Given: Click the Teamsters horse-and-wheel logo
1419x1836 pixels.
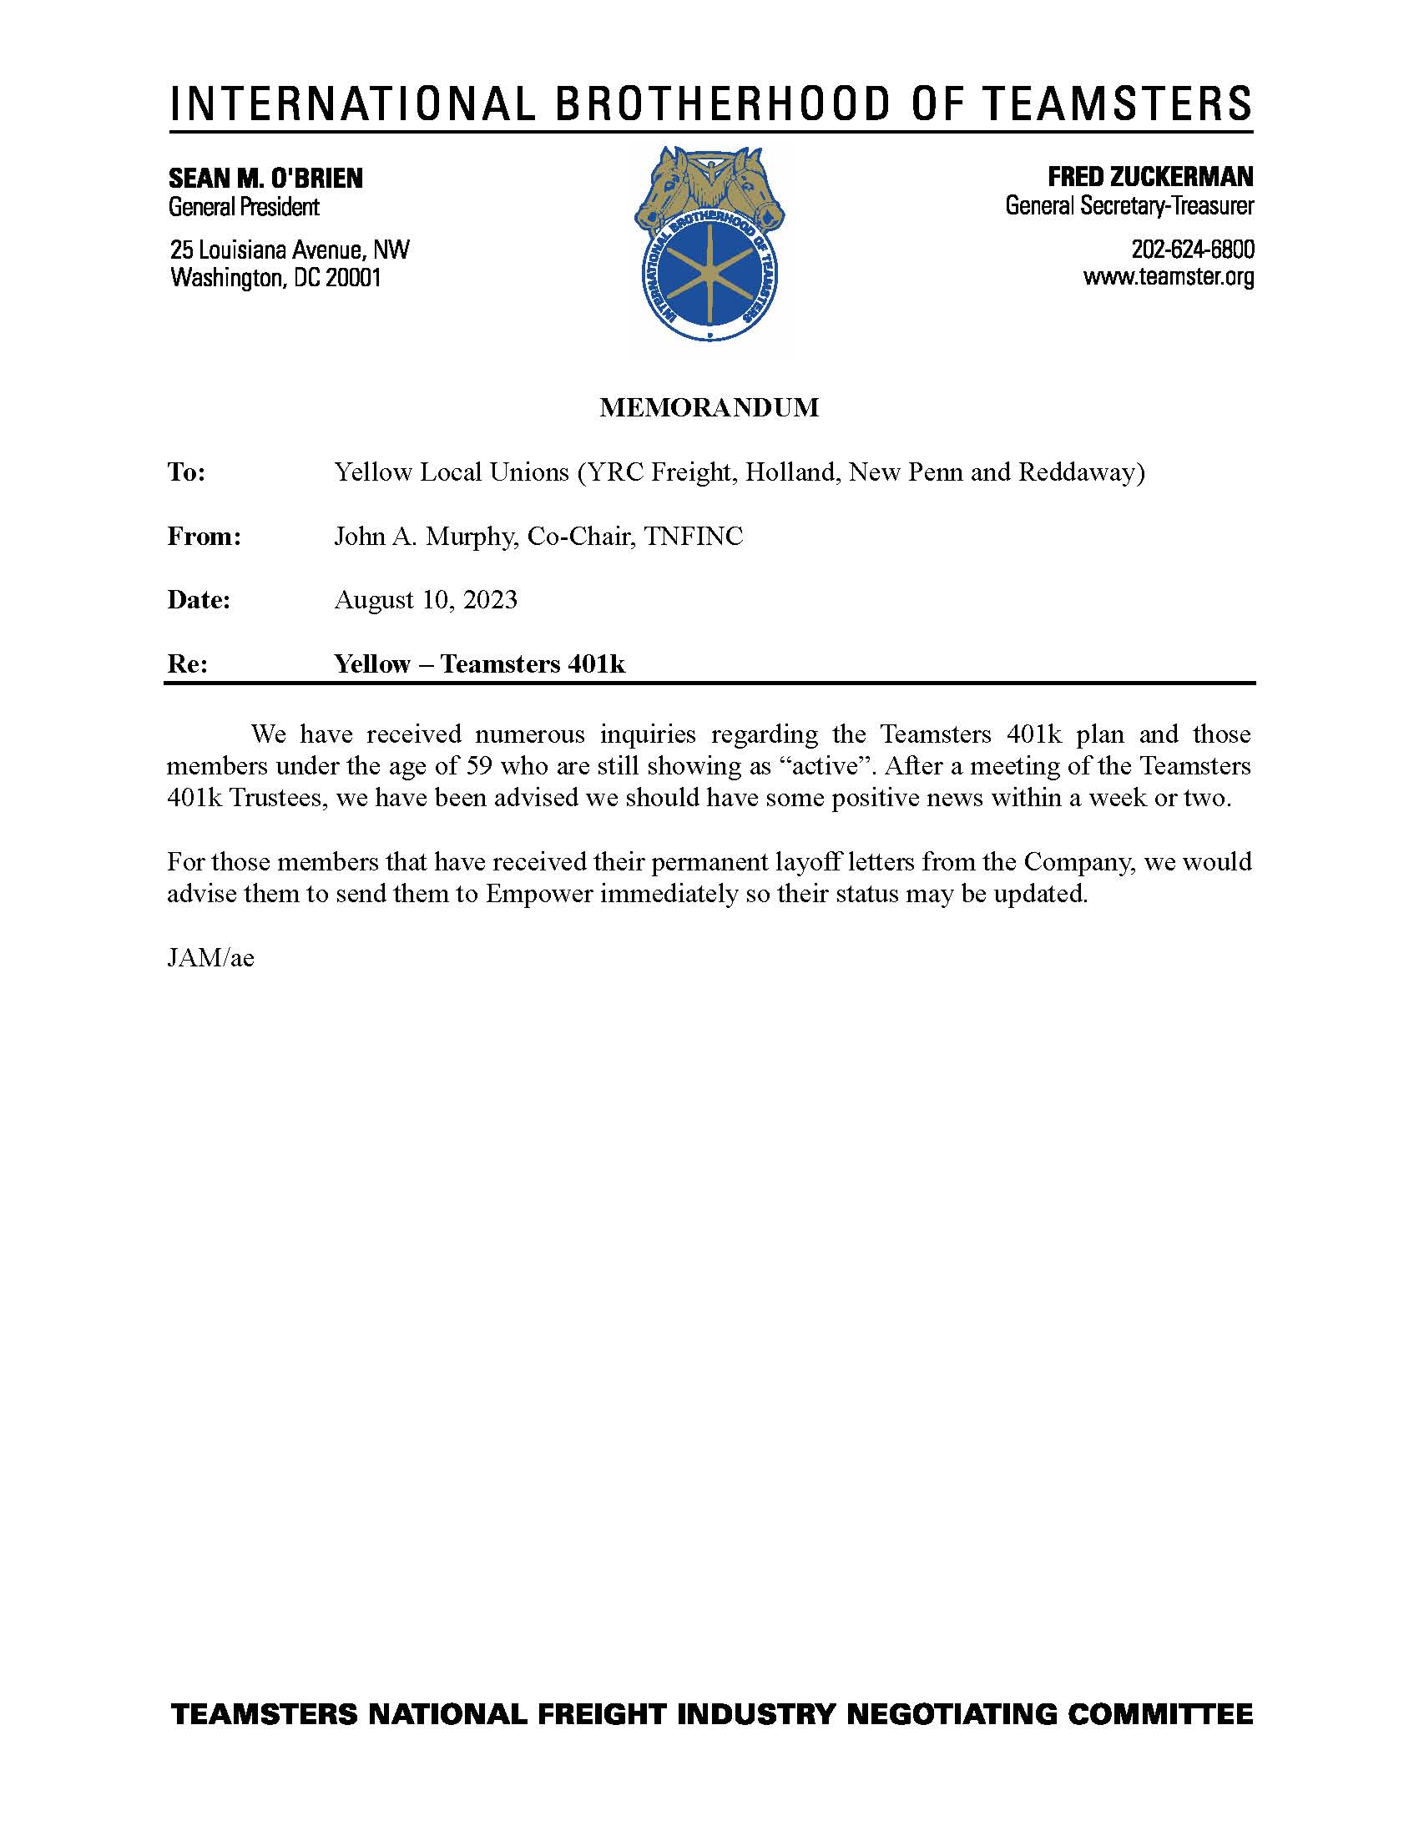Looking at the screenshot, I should point(709,244).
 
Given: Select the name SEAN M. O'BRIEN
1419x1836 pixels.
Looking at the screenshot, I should point(265,179).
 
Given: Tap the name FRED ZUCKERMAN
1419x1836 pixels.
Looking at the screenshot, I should point(1150,177).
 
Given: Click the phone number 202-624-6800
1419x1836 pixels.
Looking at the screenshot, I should point(1193,250).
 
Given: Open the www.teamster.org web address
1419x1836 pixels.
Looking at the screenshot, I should point(1169,276).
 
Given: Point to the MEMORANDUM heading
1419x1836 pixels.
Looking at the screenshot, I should point(709,408).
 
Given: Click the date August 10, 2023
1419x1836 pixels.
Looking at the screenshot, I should point(426,600).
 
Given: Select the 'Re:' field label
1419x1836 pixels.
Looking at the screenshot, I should point(188,664).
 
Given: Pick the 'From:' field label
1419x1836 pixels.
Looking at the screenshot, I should point(205,537).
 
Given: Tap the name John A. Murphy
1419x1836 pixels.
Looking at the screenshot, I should point(423,537).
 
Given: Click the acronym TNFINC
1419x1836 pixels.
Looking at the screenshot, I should point(694,537).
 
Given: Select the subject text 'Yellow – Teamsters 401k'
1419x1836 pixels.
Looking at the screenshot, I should point(479,664).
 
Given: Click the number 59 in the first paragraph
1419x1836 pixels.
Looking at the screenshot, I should point(477,767).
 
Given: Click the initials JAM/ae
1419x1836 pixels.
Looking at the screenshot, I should point(210,958).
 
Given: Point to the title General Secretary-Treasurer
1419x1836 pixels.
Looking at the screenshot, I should point(1129,205).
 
